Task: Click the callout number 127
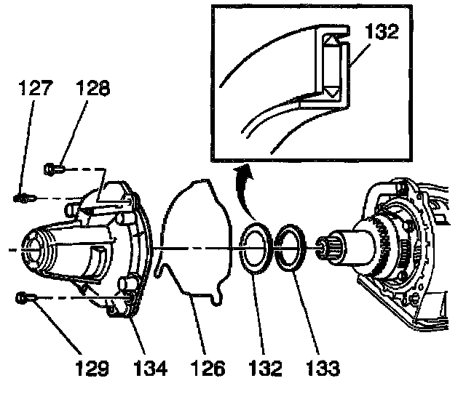click(x=36, y=88)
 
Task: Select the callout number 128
click(x=92, y=88)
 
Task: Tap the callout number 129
click(x=92, y=368)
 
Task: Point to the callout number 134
click(x=150, y=368)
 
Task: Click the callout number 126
click(x=208, y=368)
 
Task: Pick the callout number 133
click(x=323, y=368)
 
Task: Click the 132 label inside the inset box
click(x=382, y=32)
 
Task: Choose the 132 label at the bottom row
click(x=265, y=368)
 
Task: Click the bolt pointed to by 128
click(x=54, y=169)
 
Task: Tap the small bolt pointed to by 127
click(x=25, y=198)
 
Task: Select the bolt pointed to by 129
click(x=26, y=298)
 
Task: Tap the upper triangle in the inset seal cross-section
click(x=331, y=40)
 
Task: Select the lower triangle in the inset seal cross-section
click(x=331, y=92)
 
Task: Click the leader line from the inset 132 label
click(x=360, y=55)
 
